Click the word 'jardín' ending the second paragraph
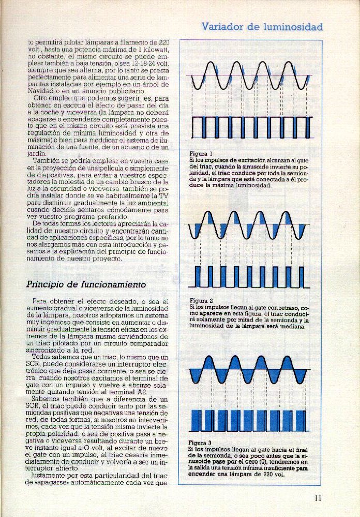click(x=36, y=153)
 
